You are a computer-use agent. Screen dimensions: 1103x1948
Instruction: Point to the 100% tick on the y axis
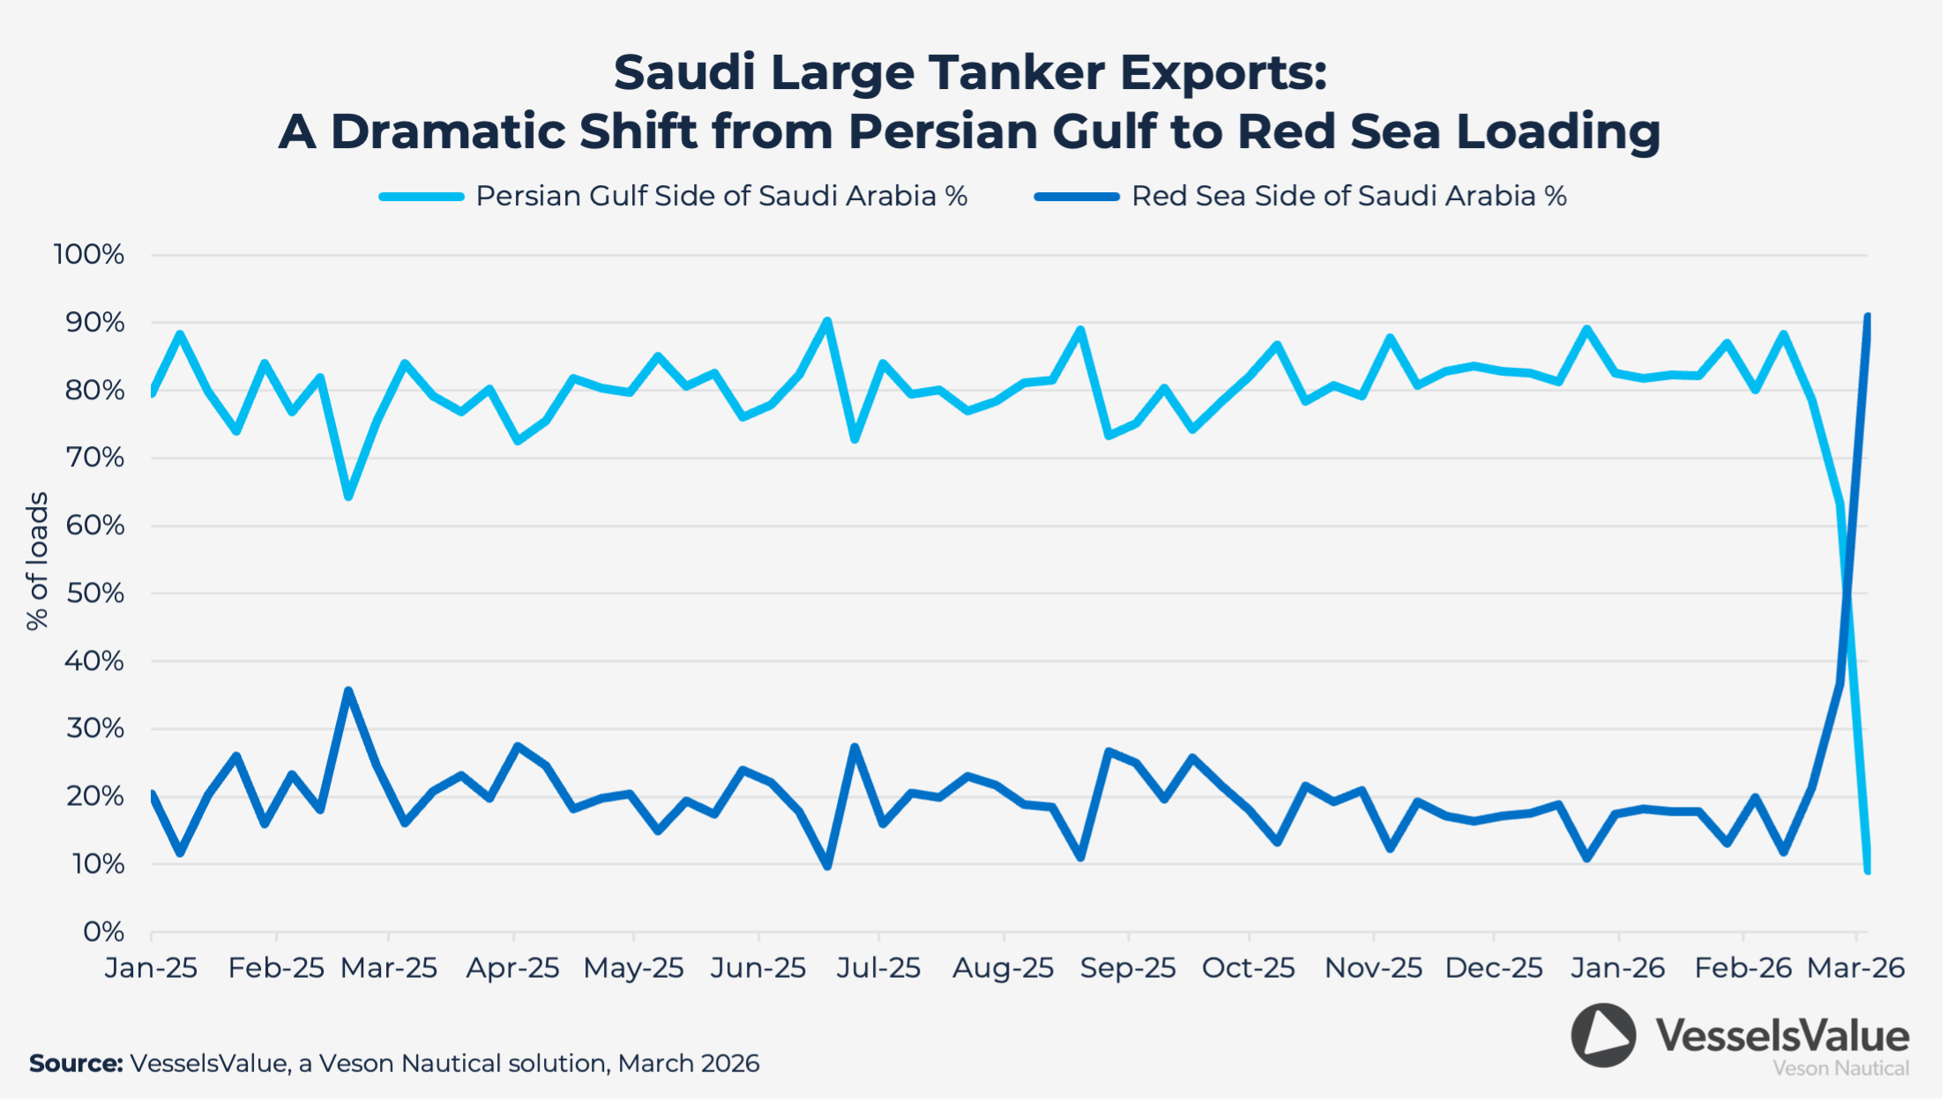(x=89, y=255)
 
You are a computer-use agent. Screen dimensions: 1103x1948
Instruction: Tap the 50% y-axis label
(x=95, y=593)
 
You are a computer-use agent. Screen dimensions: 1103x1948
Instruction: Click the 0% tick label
(x=103, y=932)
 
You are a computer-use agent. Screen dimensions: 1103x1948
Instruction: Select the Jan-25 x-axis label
(x=151, y=968)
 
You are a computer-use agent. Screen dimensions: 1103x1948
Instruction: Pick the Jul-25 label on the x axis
(x=878, y=968)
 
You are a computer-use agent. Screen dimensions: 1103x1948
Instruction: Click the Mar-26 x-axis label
(x=1855, y=968)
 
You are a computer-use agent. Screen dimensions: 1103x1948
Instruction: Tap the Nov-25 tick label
(x=1373, y=968)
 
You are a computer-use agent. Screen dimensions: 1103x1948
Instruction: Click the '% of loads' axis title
(x=37, y=561)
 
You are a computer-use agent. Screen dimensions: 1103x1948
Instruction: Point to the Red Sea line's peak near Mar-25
(x=348, y=690)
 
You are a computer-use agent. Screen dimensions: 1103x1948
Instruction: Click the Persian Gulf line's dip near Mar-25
(x=348, y=496)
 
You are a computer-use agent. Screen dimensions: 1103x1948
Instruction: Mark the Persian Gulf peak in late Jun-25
(x=827, y=321)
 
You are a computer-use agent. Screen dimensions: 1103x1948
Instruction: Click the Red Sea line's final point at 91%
(x=1867, y=317)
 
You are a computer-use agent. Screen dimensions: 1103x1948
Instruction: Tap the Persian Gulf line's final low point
(x=1867, y=869)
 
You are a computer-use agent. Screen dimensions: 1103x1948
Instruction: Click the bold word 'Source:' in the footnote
(x=76, y=1063)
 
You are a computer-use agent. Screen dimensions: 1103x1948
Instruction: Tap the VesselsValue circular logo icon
(x=1603, y=1035)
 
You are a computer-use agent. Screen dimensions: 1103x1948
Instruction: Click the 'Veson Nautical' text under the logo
(x=1840, y=1069)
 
